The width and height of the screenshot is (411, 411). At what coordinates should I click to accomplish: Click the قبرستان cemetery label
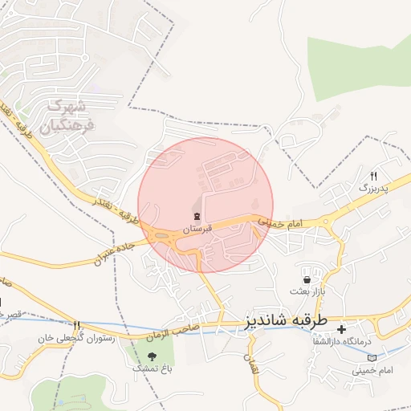pyautogui.click(x=197, y=229)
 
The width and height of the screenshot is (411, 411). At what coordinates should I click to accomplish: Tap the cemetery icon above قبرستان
pyautogui.click(x=197, y=216)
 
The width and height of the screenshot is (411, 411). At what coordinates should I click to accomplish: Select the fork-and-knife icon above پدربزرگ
pyautogui.click(x=373, y=176)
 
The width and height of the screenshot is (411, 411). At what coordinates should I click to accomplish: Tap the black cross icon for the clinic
pyautogui.click(x=341, y=329)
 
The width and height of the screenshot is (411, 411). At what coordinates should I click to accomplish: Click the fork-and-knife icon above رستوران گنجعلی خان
pyautogui.click(x=77, y=326)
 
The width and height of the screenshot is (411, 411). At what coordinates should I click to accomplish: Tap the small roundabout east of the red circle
pyautogui.click(x=328, y=222)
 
